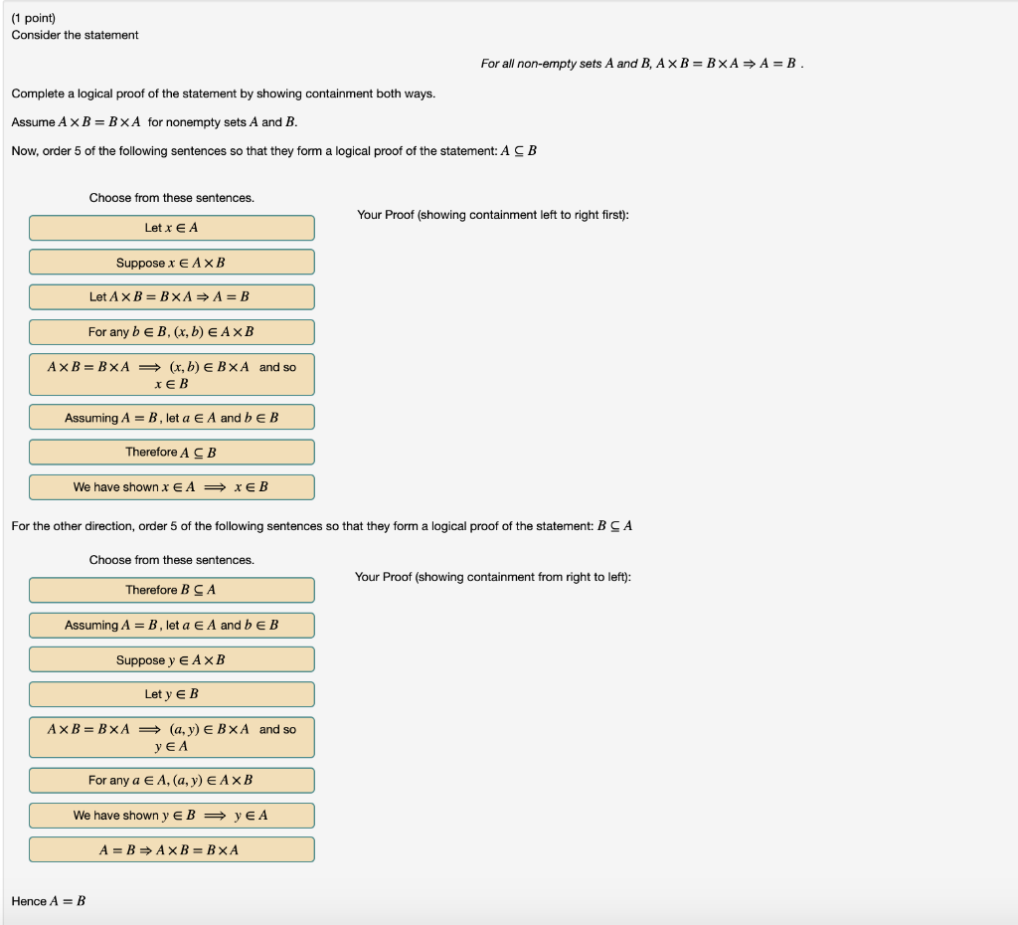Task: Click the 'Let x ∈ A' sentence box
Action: [171, 228]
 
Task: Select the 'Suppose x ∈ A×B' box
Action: [171, 263]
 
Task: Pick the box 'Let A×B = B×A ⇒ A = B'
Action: [171, 296]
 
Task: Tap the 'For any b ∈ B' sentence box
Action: [171, 332]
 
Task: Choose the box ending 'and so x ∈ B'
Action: [171, 375]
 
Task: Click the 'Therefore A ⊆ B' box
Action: [171, 453]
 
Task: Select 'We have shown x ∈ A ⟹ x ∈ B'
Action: [171, 487]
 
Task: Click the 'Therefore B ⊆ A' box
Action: [171, 590]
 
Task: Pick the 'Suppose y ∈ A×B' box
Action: [171, 660]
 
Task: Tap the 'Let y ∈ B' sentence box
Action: [171, 694]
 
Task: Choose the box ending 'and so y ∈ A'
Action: [171, 737]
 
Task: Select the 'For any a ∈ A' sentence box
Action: [171, 781]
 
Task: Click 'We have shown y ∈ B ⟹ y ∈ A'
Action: [171, 816]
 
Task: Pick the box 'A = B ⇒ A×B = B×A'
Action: [171, 850]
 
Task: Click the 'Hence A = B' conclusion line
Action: [49, 901]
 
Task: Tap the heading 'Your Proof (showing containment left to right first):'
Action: [492, 215]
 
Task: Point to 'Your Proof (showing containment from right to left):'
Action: [492, 577]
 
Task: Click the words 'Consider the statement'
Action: [75, 35]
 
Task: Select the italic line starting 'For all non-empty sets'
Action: [641, 64]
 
